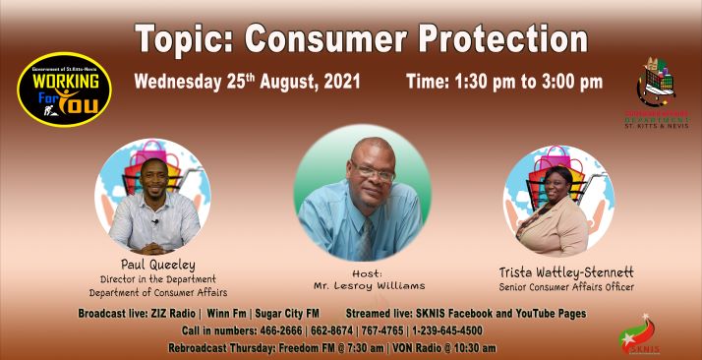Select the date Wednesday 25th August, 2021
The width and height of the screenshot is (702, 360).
pos(248,82)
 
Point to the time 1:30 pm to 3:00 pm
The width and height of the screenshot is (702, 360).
pos(503,82)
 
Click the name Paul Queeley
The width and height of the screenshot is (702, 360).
pos(157,265)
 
